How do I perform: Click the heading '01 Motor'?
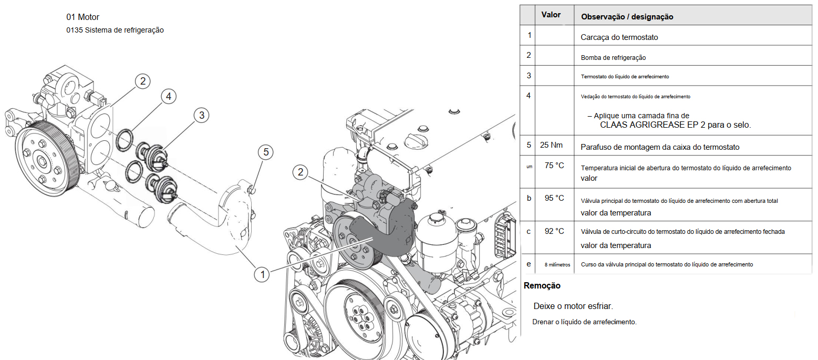pyautogui.click(x=82, y=17)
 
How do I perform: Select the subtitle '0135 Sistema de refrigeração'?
pyautogui.click(x=115, y=30)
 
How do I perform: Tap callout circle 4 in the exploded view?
pyautogui.click(x=168, y=96)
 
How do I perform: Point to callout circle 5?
pyautogui.click(x=266, y=152)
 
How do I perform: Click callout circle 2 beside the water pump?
pyautogui.click(x=142, y=81)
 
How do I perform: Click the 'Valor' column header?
pyautogui.click(x=551, y=15)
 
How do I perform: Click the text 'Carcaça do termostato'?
pyautogui.click(x=619, y=37)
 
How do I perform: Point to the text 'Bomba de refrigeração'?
pyautogui.click(x=613, y=58)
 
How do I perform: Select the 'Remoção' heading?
pyautogui.click(x=542, y=286)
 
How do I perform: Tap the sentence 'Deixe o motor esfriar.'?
pyautogui.click(x=573, y=306)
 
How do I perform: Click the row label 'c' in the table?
pyautogui.click(x=529, y=231)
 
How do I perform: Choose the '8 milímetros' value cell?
pyautogui.click(x=557, y=264)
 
